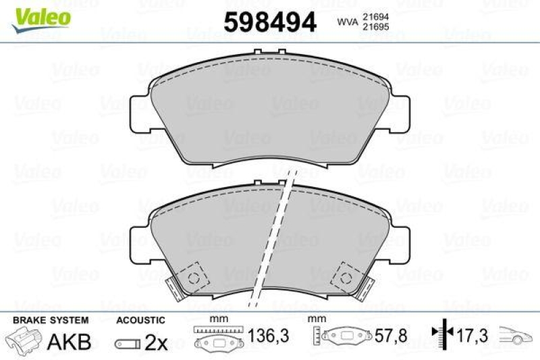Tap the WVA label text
pos(347,23)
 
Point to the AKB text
pos(68,342)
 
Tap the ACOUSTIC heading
pos(140,320)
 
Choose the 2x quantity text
pos(156,342)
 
